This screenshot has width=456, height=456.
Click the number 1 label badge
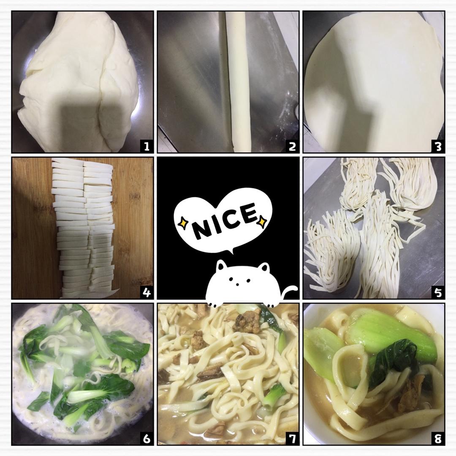(x=147, y=146)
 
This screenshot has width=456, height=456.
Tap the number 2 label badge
(x=292, y=146)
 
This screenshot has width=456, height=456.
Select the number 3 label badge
(x=438, y=146)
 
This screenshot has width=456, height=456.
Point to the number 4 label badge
(x=147, y=292)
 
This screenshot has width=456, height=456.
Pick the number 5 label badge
(x=438, y=292)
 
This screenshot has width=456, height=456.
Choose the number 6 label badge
(x=147, y=438)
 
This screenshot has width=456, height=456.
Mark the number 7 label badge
(x=292, y=438)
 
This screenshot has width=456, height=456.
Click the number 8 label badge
(x=438, y=438)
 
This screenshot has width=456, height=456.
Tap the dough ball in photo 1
(x=79, y=82)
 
